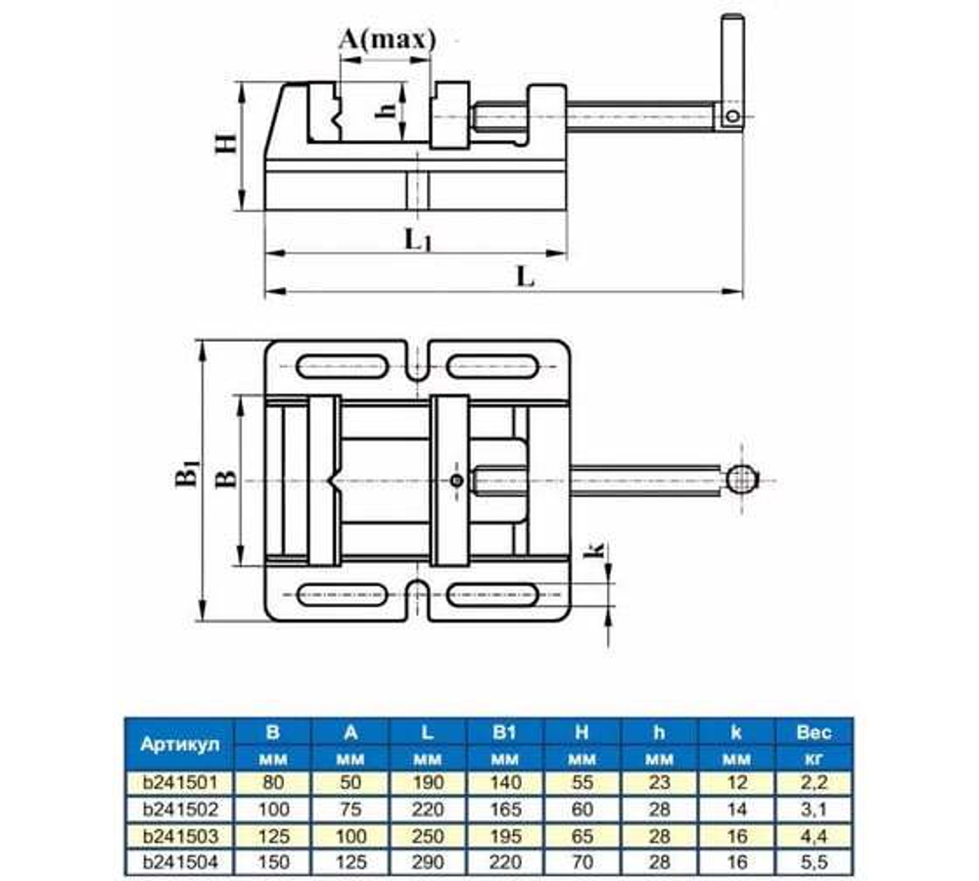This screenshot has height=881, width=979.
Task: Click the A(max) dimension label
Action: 386,38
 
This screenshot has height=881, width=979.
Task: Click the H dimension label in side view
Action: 225,144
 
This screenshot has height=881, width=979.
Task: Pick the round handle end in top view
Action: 741,480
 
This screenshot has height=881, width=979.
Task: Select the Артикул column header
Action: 173,744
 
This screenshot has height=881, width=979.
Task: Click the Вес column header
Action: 814,731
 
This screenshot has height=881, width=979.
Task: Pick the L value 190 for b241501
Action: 428,783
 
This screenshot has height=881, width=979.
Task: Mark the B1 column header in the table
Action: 505,731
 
